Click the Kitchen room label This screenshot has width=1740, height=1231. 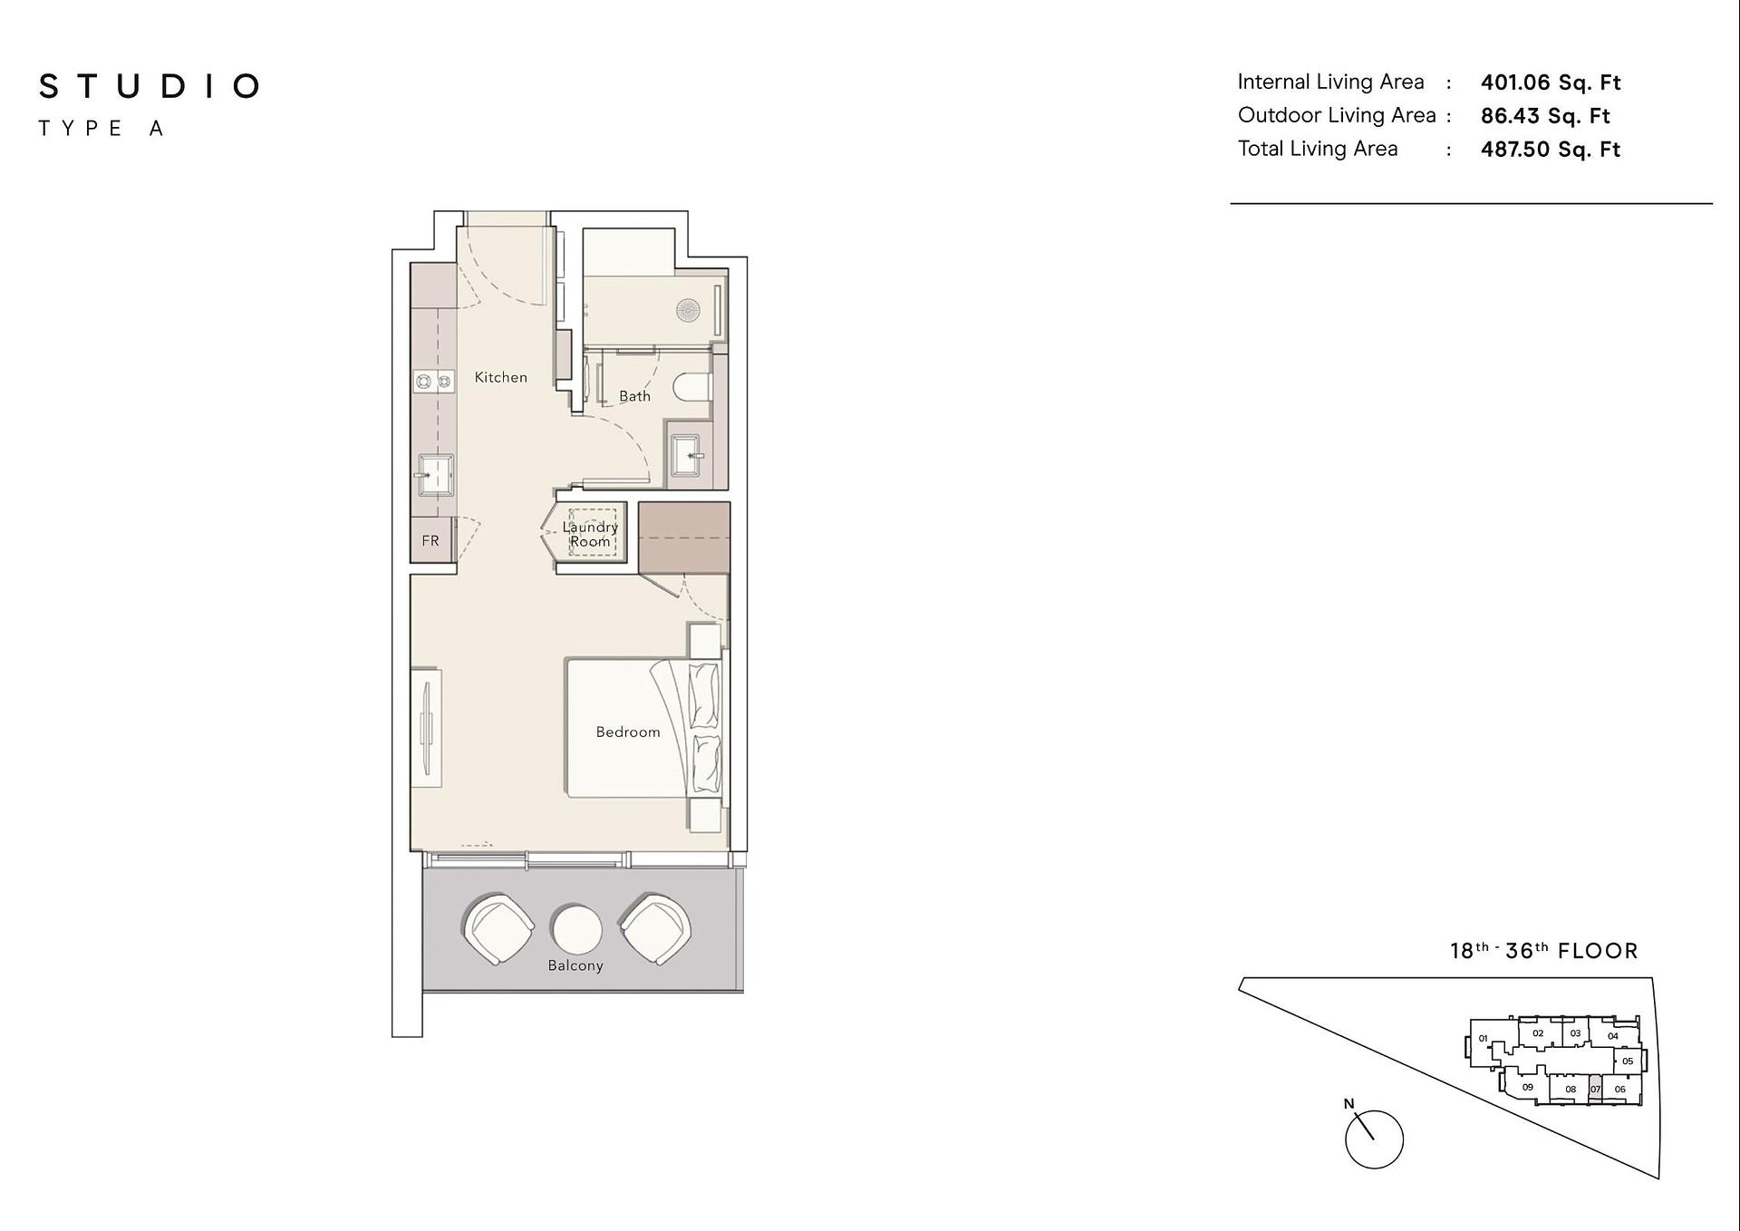tap(500, 377)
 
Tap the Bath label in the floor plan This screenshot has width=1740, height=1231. tap(634, 396)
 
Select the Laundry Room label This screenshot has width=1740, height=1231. tap(590, 534)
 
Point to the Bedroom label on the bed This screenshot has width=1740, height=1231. tap(628, 732)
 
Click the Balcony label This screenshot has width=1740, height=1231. tap(575, 965)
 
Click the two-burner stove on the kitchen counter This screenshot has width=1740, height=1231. tap(433, 382)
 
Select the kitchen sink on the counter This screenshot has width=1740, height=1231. tap(434, 475)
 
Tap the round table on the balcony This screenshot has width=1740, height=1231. tap(575, 929)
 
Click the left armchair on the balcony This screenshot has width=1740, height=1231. tap(498, 929)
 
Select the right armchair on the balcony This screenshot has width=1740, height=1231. tap(655, 929)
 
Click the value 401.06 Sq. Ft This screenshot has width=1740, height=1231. tap(1551, 82)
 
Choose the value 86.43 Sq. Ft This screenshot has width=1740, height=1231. tap(1545, 116)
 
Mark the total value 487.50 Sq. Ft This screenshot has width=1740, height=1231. tap(1551, 150)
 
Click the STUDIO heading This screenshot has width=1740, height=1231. tap(150, 87)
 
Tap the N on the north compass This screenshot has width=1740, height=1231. tap(1348, 1103)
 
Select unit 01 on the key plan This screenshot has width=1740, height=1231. tap(1484, 1039)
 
